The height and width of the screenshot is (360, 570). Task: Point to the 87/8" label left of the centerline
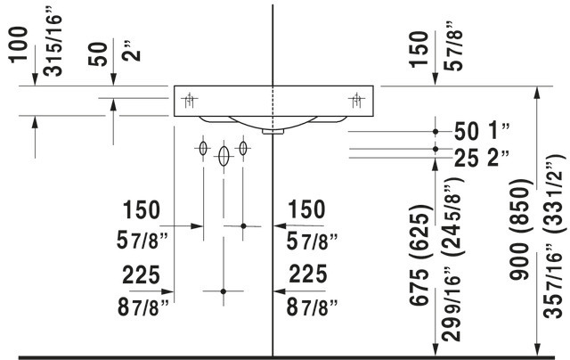tap(138, 307)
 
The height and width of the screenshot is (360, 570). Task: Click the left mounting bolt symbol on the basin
tap(189, 100)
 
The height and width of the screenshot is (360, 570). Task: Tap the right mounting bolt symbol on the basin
tap(354, 100)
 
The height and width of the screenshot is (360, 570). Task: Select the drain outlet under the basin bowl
tap(274, 130)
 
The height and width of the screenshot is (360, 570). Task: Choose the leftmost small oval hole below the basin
tap(204, 148)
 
